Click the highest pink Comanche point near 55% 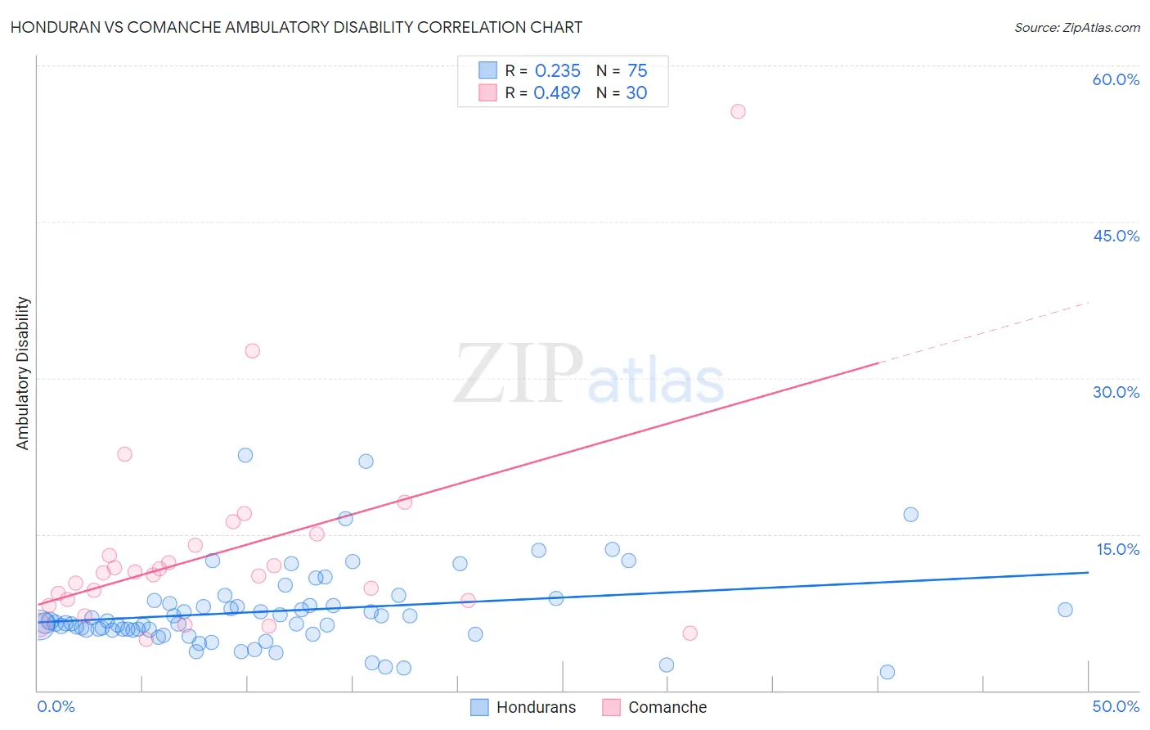[738, 111]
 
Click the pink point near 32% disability [252, 350]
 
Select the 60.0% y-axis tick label [1116, 79]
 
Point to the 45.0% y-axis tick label [1116, 236]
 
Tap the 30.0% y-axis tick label [1116, 392]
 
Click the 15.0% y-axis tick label [1117, 549]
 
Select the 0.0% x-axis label [56, 706]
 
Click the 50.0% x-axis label [1116, 706]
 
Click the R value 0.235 [557, 71]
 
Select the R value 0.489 [557, 93]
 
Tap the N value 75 [637, 71]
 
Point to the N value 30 [636, 93]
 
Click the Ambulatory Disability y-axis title [23, 373]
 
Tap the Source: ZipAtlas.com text [1076, 28]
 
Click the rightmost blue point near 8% [1064, 610]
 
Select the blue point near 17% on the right [910, 515]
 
